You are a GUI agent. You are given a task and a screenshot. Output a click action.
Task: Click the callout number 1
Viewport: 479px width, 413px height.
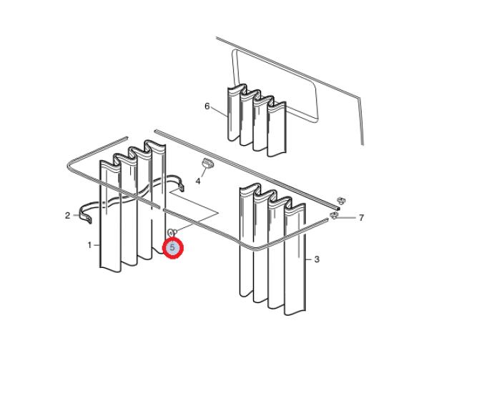tap(89, 245)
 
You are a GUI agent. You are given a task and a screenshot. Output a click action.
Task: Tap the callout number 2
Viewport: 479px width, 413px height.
tap(67, 216)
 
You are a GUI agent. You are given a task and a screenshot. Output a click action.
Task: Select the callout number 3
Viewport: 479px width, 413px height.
tap(317, 259)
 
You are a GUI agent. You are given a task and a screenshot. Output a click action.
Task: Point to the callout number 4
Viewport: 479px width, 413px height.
tap(198, 181)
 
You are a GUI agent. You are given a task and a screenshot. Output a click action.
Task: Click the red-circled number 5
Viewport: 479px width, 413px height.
tap(172, 247)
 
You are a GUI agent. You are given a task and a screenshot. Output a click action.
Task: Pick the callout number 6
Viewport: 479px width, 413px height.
tap(207, 106)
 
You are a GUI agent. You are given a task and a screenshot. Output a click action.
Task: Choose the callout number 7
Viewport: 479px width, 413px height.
tap(361, 218)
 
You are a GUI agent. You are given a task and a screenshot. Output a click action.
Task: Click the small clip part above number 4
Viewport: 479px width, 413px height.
tap(207, 164)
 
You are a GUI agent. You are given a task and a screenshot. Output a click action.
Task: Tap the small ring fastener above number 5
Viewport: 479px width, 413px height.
tap(172, 232)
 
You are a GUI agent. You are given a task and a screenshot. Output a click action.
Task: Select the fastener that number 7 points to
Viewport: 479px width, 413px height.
tap(334, 216)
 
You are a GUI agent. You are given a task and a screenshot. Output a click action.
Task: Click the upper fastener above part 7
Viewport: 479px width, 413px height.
tap(341, 201)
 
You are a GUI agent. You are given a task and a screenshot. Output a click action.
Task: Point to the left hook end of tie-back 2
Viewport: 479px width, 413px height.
tap(86, 216)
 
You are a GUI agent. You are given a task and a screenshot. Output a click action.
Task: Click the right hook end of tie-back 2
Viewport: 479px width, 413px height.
tap(182, 186)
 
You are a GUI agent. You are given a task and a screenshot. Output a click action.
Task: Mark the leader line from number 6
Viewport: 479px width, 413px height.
tap(219, 111)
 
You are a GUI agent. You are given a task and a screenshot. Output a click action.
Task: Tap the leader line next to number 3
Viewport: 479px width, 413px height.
tap(309, 259)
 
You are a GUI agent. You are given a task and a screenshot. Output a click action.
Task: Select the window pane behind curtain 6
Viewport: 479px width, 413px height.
tap(276, 86)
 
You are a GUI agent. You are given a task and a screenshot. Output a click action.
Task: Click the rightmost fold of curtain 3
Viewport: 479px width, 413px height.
tap(295, 259)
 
